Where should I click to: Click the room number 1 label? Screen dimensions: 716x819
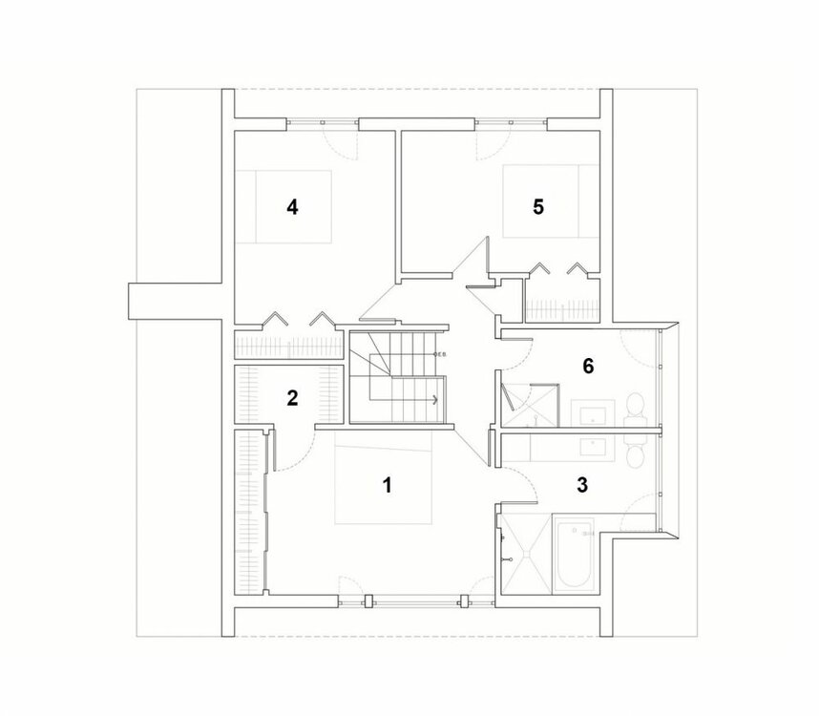point(387,485)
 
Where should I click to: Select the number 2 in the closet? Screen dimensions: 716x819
point(292,398)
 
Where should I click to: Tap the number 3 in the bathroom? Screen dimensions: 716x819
point(582,484)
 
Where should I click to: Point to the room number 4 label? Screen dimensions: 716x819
point(292,206)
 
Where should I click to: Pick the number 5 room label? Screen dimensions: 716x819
point(538,206)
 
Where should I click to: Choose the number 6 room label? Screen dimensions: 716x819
point(588,365)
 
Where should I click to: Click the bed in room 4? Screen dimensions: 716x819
point(283,207)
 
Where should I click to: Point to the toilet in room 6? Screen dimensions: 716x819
point(634,410)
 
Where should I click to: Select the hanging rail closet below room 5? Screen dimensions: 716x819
point(561,309)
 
